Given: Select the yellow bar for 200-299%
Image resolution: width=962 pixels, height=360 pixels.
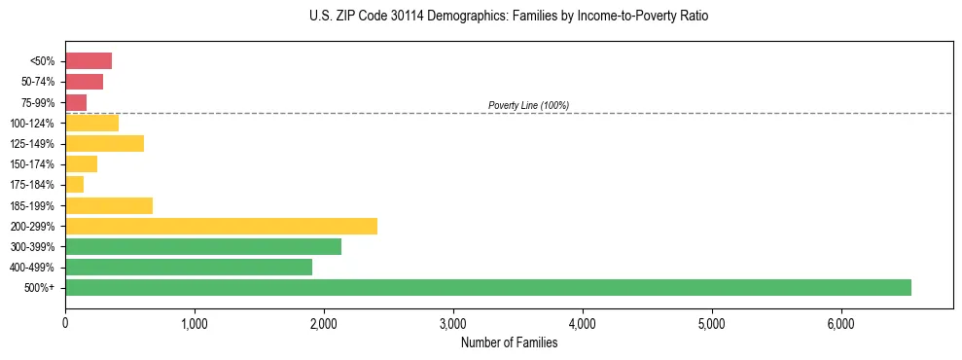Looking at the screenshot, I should tap(221, 227).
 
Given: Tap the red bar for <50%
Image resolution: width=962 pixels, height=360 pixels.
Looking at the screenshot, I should tap(89, 61).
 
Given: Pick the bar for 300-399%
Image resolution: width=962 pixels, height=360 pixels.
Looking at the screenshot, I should tap(203, 247).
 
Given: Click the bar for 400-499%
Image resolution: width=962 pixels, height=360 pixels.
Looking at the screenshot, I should tap(189, 268).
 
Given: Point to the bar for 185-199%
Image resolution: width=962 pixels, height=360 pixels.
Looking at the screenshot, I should tap(109, 205).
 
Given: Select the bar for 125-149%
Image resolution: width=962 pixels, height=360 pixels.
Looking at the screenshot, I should tap(104, 144).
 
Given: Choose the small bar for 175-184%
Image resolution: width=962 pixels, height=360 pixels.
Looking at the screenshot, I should tap(75, 185).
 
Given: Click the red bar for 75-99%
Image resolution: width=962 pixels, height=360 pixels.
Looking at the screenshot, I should tap(76, 102).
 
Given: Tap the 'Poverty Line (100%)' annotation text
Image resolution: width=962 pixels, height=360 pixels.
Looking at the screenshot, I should tap(528, 105).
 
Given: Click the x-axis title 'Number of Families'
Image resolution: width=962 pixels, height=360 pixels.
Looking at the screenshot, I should tap(509, 342).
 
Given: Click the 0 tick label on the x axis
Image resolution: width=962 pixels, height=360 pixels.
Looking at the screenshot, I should tap(65, 324).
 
